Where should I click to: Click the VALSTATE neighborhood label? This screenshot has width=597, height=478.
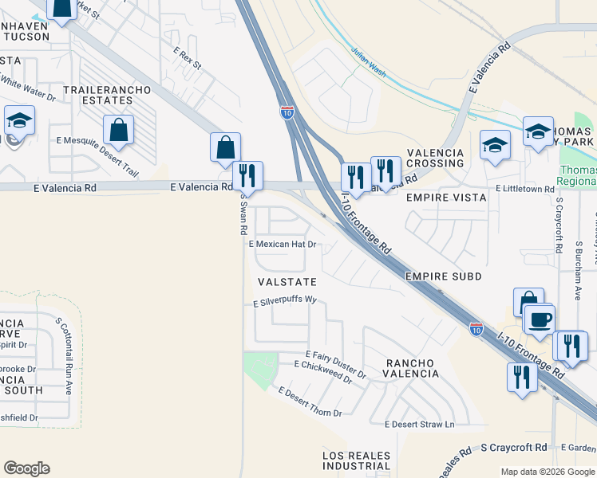tap(287, 282)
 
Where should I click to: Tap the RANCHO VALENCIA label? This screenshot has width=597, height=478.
tap(412, 368)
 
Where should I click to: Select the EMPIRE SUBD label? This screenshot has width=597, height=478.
tap(443, 276)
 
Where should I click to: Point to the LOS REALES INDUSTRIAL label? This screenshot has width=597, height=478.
tap(357, 460)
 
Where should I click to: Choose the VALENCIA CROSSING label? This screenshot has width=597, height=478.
tap(435, 158)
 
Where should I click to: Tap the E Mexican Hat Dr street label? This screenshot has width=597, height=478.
tap(283, 245)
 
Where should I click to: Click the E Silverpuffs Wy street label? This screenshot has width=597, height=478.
tap(286, 303)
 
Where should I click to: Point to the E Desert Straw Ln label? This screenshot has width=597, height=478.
tap(419, 424)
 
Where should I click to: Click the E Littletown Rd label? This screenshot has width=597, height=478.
tap(524, 189)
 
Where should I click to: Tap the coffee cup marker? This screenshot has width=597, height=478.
tap(539, 319)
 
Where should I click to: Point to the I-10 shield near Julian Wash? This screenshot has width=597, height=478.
tap(287, 112)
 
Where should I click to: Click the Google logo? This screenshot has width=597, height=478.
tap(26, 468)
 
